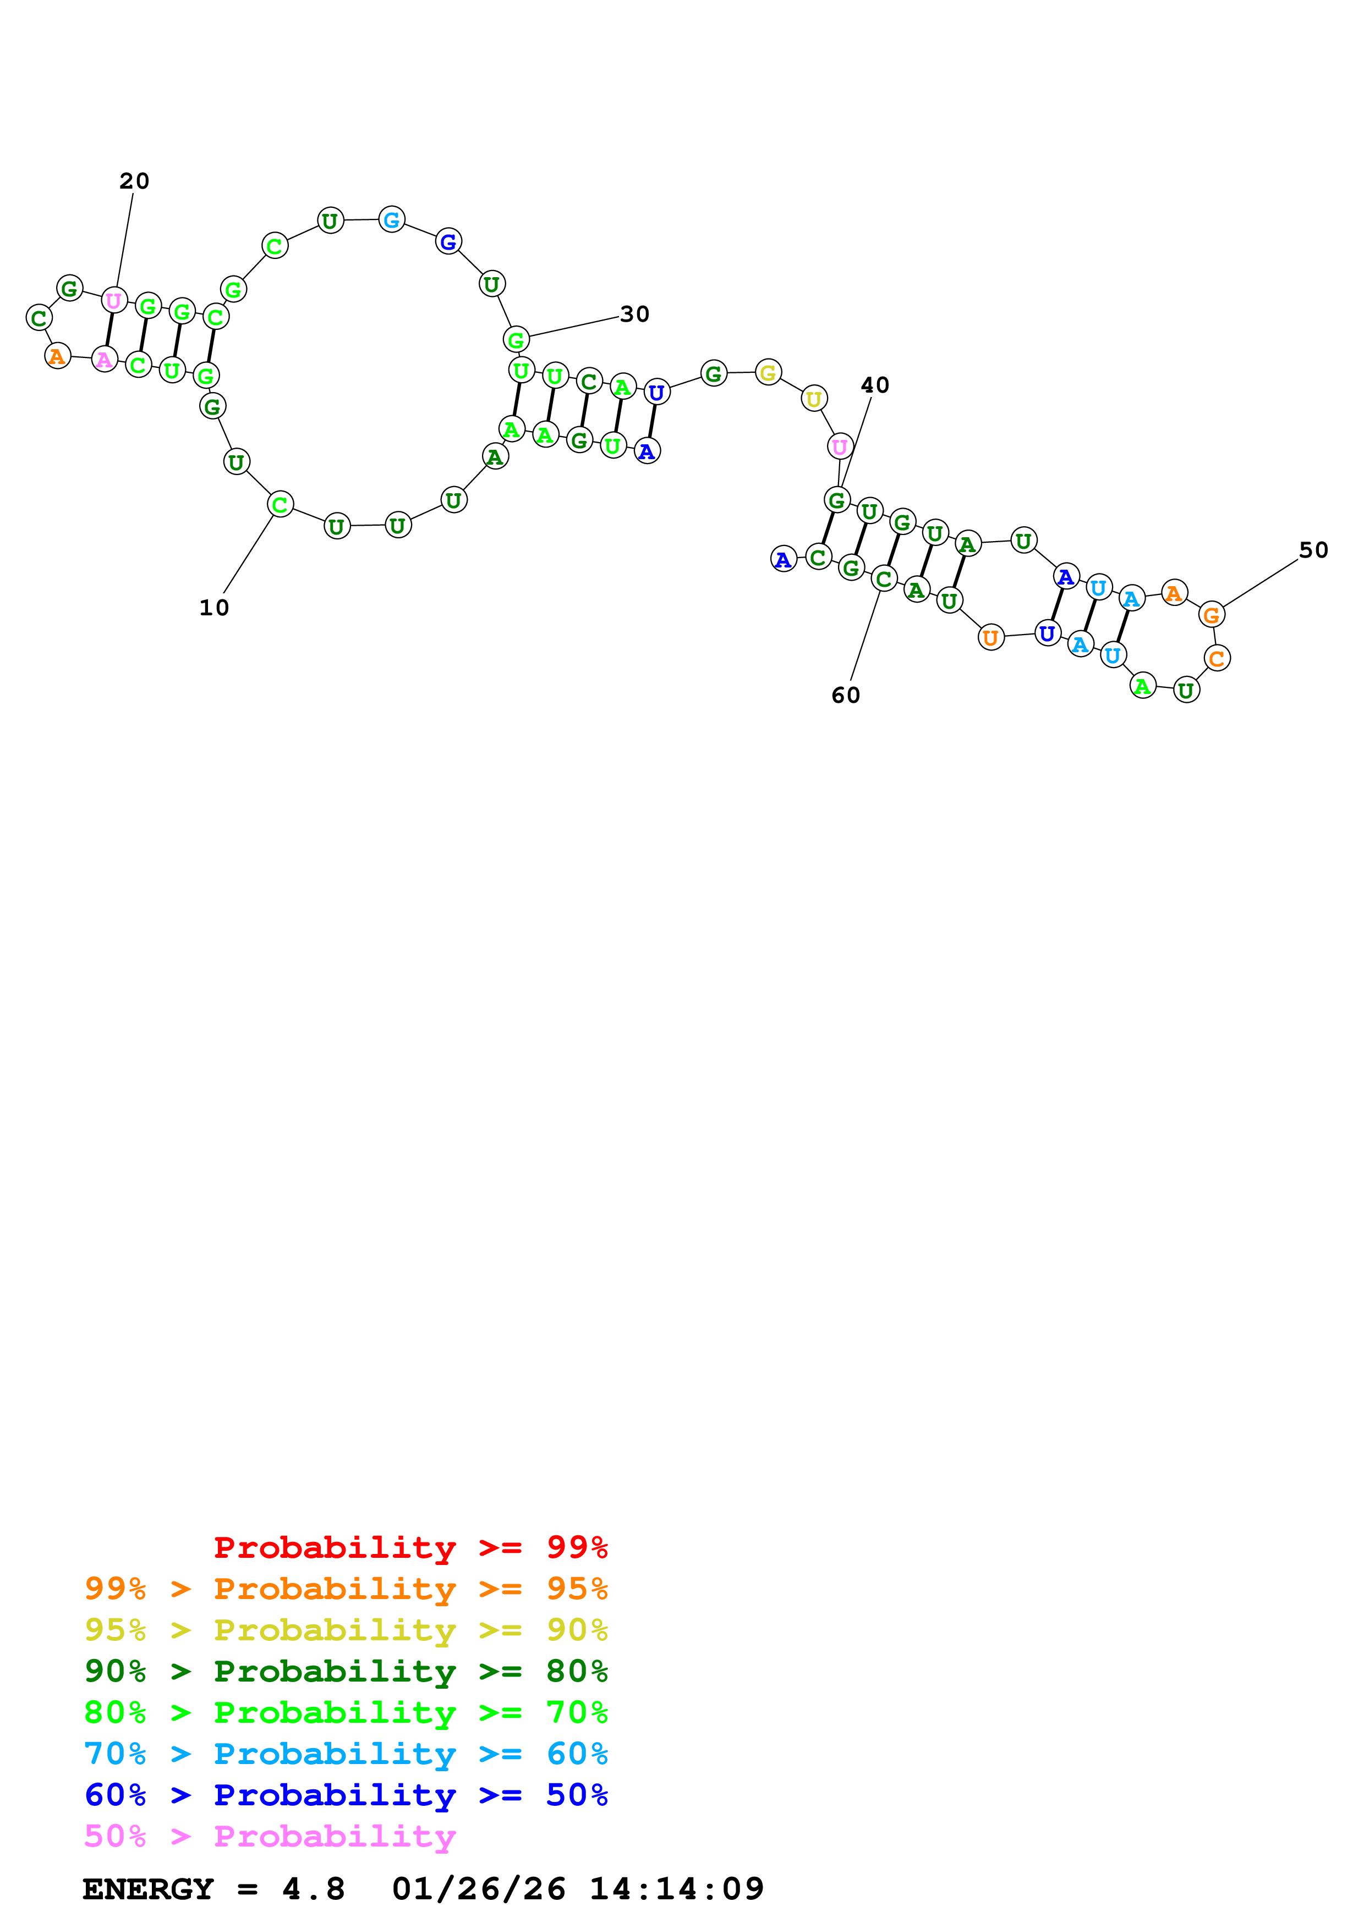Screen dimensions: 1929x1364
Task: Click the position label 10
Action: [214, 608]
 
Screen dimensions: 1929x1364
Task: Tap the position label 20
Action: [134, 181]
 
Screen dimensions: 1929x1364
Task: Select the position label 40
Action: [875, 385]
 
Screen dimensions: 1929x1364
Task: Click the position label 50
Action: [1313, 551]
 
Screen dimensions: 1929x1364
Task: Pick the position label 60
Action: [846, 696]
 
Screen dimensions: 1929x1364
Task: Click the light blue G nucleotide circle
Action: [392, 220]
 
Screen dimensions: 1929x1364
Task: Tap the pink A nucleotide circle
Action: [104, 360]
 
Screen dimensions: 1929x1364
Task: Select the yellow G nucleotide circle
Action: [768, 372]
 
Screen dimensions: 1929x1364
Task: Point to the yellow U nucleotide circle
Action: [814, 399]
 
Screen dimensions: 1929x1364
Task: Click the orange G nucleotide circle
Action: [1211, 615]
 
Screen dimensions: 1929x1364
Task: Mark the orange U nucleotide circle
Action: [991, 638]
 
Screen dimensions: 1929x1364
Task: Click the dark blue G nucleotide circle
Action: [449, 242]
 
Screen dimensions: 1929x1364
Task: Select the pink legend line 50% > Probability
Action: [270, 1837]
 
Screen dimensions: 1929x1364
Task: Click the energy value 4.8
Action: [314, 1889]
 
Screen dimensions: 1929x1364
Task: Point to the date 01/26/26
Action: [479, 1889]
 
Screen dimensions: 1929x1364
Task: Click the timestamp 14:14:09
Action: [677, 1889]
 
